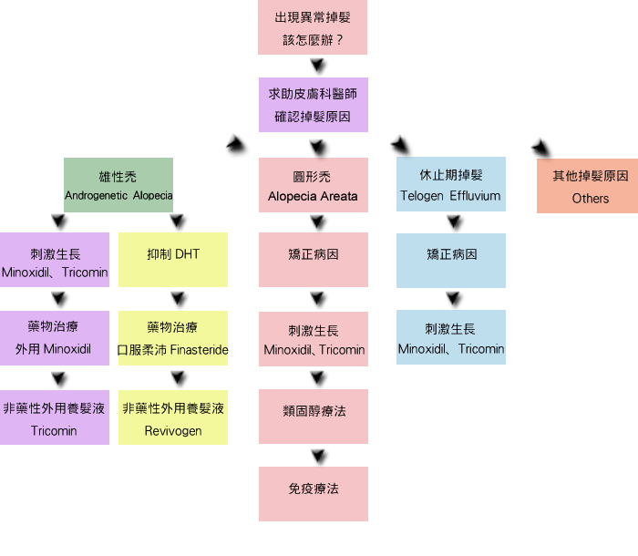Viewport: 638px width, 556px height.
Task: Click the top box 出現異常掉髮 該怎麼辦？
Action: click(313, 27)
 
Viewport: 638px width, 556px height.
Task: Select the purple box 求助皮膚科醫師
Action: click(313, 105)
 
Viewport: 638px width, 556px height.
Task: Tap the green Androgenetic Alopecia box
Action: click(118, 185)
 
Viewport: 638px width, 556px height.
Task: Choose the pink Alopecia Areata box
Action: click(313, 185)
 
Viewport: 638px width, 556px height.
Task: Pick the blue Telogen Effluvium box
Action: click(450, 185)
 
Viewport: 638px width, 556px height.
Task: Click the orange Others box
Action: click(588, 186)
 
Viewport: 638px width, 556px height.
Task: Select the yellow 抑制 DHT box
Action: click(173, 260)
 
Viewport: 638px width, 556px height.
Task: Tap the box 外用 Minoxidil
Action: click(54, 338)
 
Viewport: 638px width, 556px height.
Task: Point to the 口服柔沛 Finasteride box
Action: click(173, 338)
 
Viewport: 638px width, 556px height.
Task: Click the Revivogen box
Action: click(173, 417)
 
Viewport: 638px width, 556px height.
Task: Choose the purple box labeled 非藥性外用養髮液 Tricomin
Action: click(54, 417)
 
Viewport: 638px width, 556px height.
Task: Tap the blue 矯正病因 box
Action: click(450, 261)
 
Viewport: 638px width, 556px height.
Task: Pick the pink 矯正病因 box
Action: click(313, 260)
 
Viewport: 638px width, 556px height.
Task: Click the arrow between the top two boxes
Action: click(317, 66)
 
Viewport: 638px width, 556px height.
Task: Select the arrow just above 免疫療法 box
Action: click(317, 455)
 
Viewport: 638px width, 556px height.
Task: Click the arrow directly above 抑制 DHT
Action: click(178, 221)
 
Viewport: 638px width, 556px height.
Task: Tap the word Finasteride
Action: click(201, 350)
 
